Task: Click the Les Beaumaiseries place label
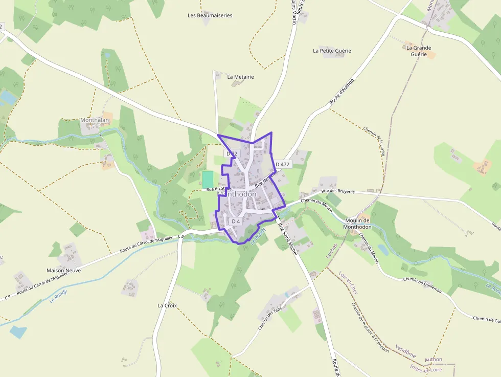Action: [x=210, y=15]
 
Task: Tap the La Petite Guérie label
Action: [x=332, y=51]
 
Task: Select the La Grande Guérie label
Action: [x=419, y=51]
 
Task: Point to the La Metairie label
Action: [x=240, y=77]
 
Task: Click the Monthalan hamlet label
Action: [x=95, y=120]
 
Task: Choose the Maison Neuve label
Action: [x=63, y=270]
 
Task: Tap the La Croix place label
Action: [x=167, y=305]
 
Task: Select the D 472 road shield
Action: [x=282, y=164]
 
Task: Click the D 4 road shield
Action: [x=236, y=221]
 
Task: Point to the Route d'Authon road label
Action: [x=341, y=92]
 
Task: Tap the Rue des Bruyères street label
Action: [x=338, y=192]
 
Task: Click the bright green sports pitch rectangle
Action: [x=208, y=180]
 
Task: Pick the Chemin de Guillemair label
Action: [x=422, y=286]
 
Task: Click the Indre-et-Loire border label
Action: [x=426, y=368]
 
